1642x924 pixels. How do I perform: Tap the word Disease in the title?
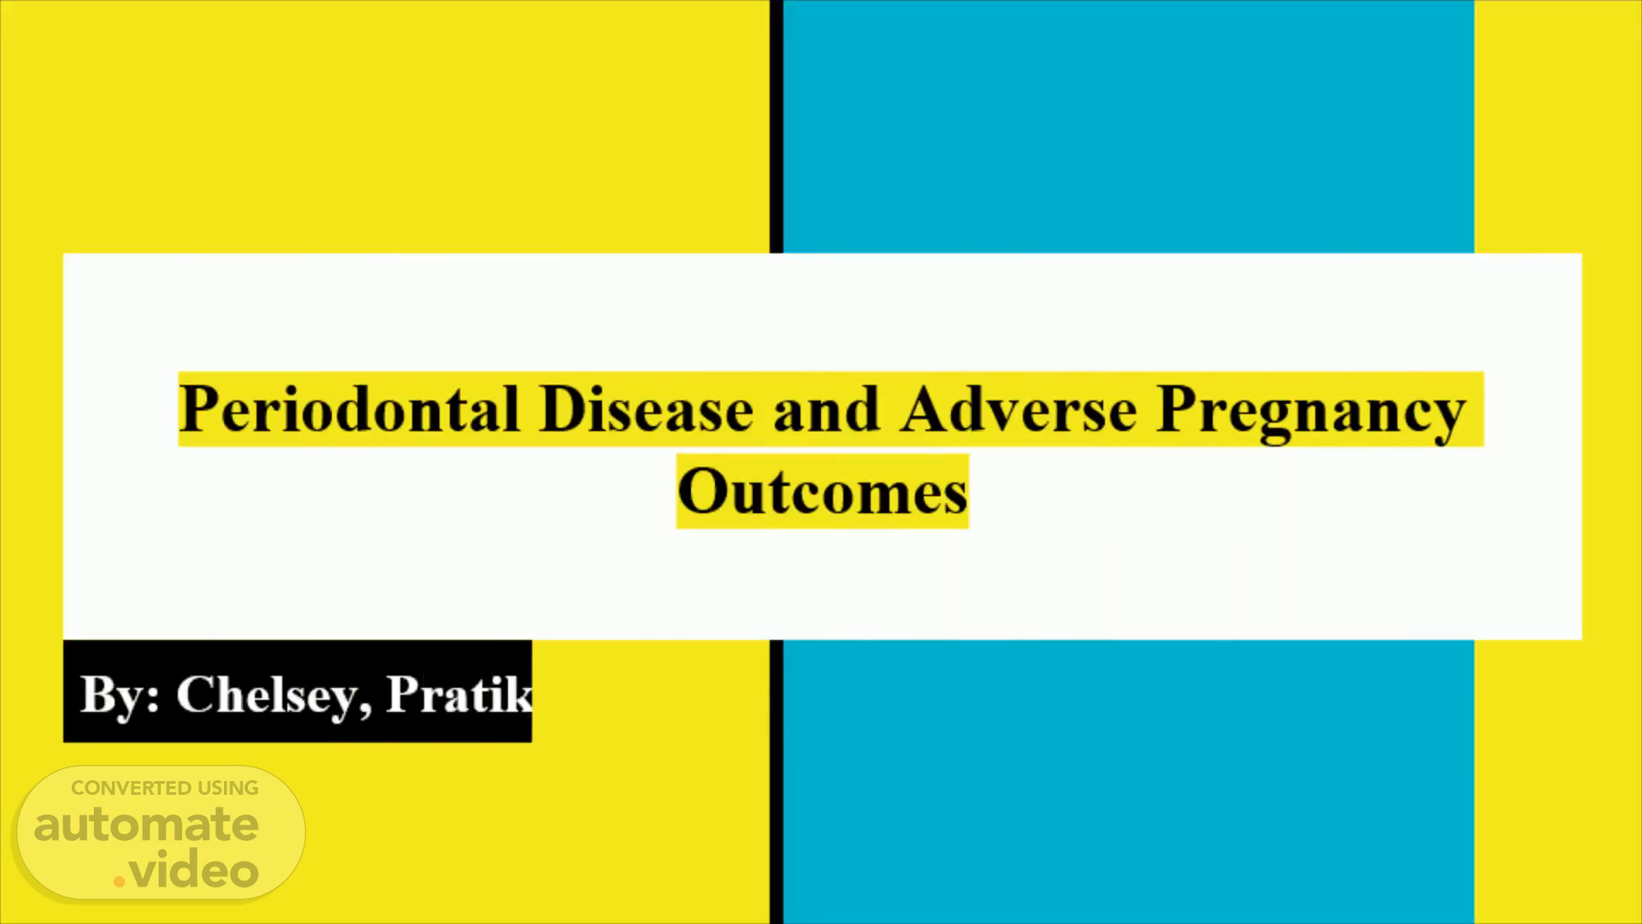click(x=647, y=409)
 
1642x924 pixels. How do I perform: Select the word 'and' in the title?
click(x=826, y=409)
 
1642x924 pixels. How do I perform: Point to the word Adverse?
click(x=1019, y=409)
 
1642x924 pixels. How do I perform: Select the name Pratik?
click(x=459, y=693)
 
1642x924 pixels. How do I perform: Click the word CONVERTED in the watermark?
click(x=131, y=788)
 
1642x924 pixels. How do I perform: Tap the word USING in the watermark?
click(x=227, y=788)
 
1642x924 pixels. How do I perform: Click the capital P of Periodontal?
click(x=198, y=409)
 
